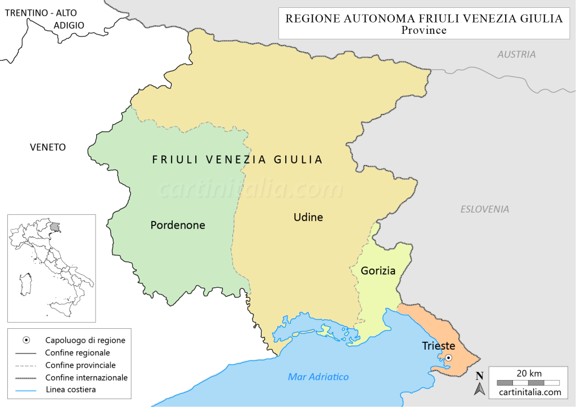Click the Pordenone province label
click(x=178, y=225)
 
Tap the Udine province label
click(x=308, y=217)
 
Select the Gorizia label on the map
click(x=378, y=271)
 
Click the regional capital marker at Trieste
click(x=448, y=358)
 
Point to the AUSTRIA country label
click(x=516, y=55)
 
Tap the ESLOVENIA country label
click(x=484, y=209)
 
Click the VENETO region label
click(x=48, y=147)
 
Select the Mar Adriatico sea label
click(x=318, y=377)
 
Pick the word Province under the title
click(x=424, y=30)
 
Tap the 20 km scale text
click(x=529, y=373)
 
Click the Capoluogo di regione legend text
click(x=85, y=341)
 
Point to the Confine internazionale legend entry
click(x=86, y=378)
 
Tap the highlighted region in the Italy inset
click(x=55, y=226)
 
